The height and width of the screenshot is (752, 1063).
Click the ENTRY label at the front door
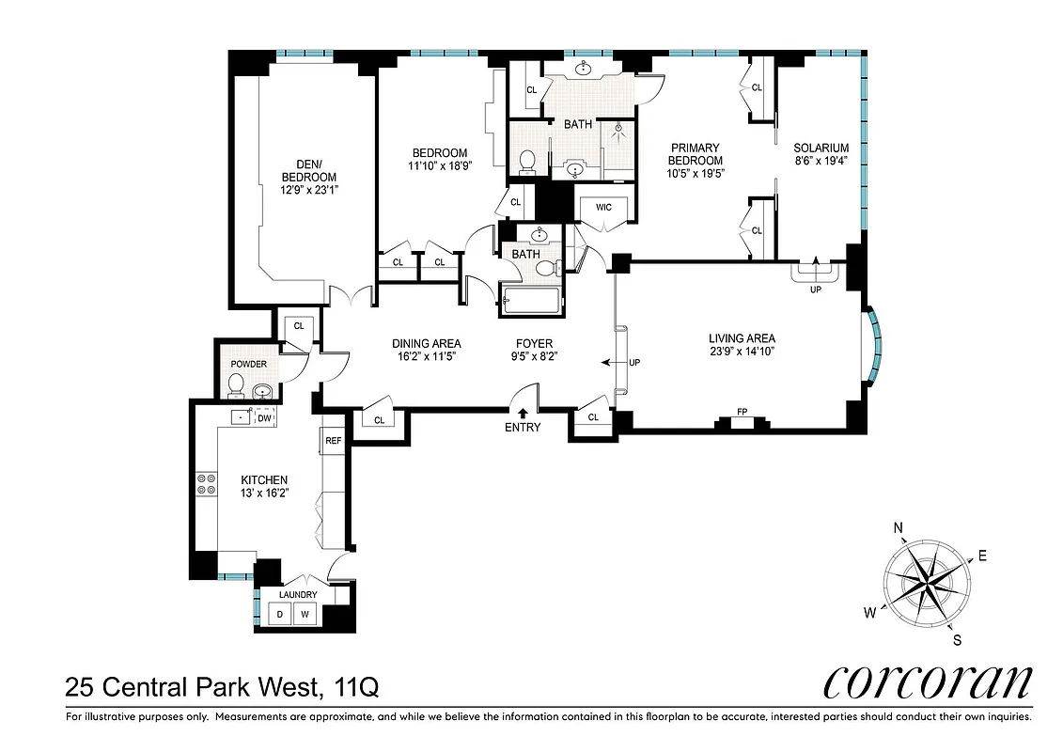click(523, 428)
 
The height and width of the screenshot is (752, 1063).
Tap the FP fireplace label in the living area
click(742, 411)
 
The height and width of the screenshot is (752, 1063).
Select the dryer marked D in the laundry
click(278, 615)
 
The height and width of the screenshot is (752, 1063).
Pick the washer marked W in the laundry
click(305, 615)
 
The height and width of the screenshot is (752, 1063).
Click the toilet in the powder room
click(236, 385)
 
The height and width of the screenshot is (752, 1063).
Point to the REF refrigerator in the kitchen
click(333, 440)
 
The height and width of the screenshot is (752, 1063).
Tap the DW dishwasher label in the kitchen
click(264, 418)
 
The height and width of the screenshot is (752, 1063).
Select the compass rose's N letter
click(898, 528)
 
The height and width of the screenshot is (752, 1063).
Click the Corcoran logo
click(927, 683)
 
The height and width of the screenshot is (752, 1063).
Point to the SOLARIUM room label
click(821, 149)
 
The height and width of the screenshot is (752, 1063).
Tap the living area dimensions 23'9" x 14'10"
click(742, 352)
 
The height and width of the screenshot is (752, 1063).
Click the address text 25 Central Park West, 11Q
click(222, 688)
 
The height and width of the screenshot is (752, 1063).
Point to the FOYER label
click(534, 344)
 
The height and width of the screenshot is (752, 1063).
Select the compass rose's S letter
click(957, 641)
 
